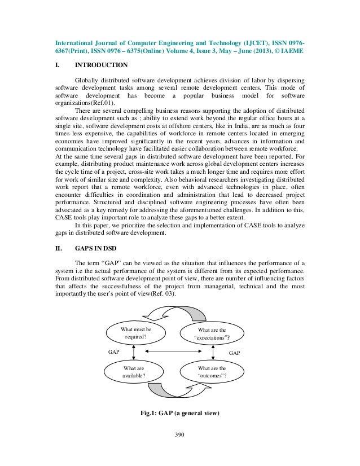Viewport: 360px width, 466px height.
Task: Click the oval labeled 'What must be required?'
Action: click(133, 333)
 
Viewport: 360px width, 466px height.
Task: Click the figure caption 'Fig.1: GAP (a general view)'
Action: click(179, 412)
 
